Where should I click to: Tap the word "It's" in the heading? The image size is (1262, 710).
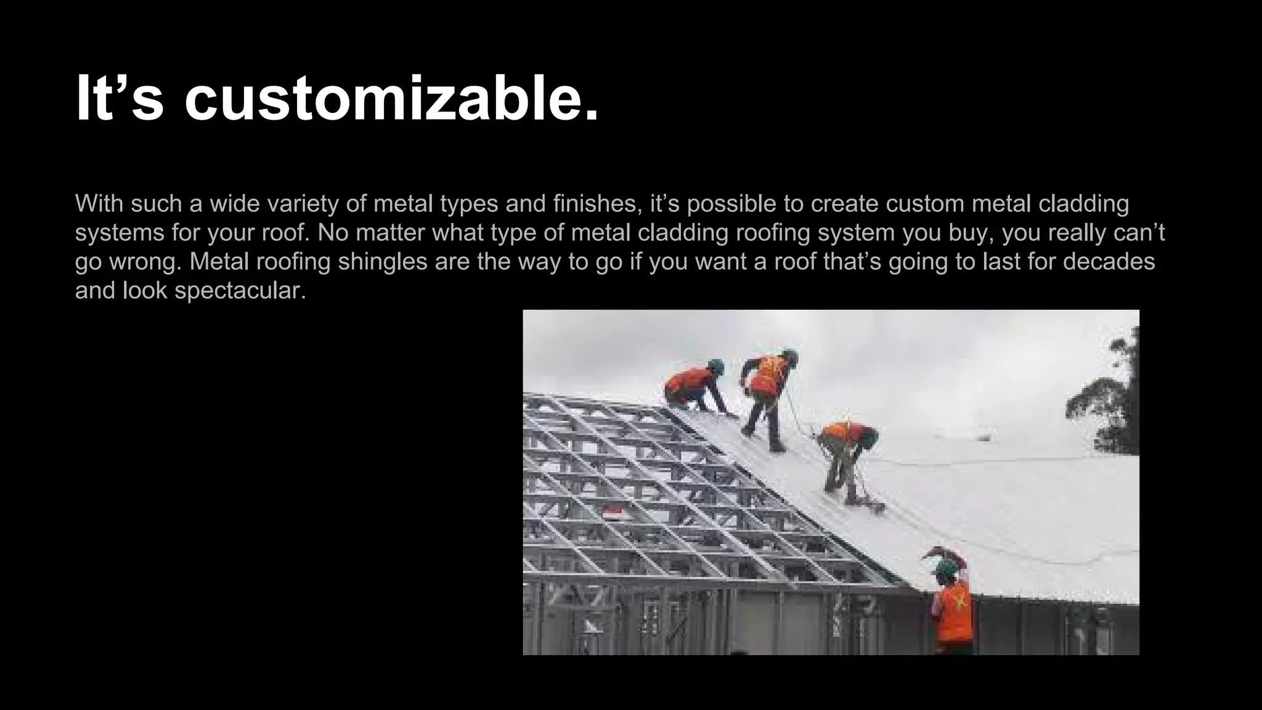pos(120,99)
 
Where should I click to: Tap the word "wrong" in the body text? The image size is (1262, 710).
pos(145,262)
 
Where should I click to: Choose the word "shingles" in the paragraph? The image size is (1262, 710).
pos(382,262)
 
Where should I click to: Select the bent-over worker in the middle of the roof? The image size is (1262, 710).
pos(847,453)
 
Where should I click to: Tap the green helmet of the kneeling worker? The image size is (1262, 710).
pos(715,365)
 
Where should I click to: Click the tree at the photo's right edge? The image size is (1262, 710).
pos(1109,401)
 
